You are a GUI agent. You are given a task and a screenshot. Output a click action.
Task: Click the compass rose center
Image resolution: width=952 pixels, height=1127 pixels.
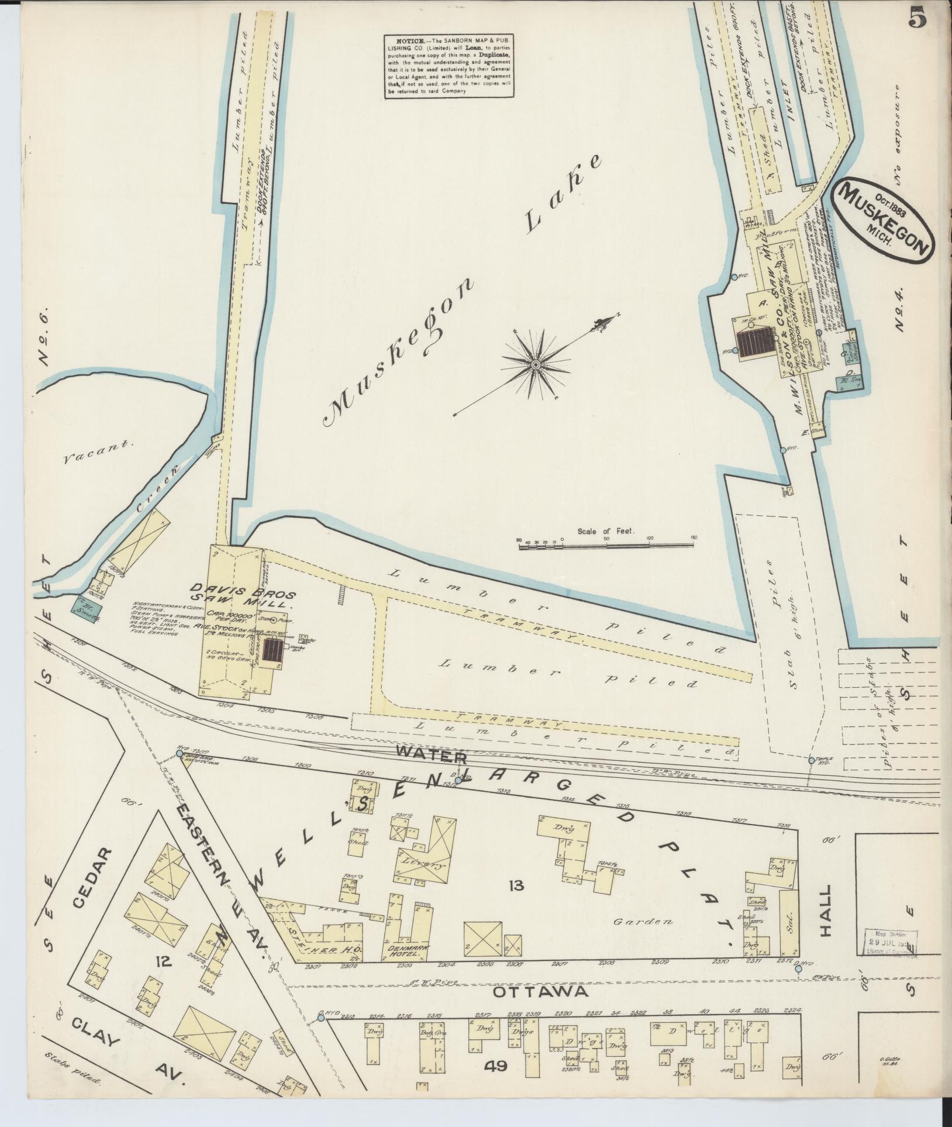click(x=534, y=364)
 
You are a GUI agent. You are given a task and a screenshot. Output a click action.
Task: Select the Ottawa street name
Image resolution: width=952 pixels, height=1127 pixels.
click(x=539, y=992)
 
